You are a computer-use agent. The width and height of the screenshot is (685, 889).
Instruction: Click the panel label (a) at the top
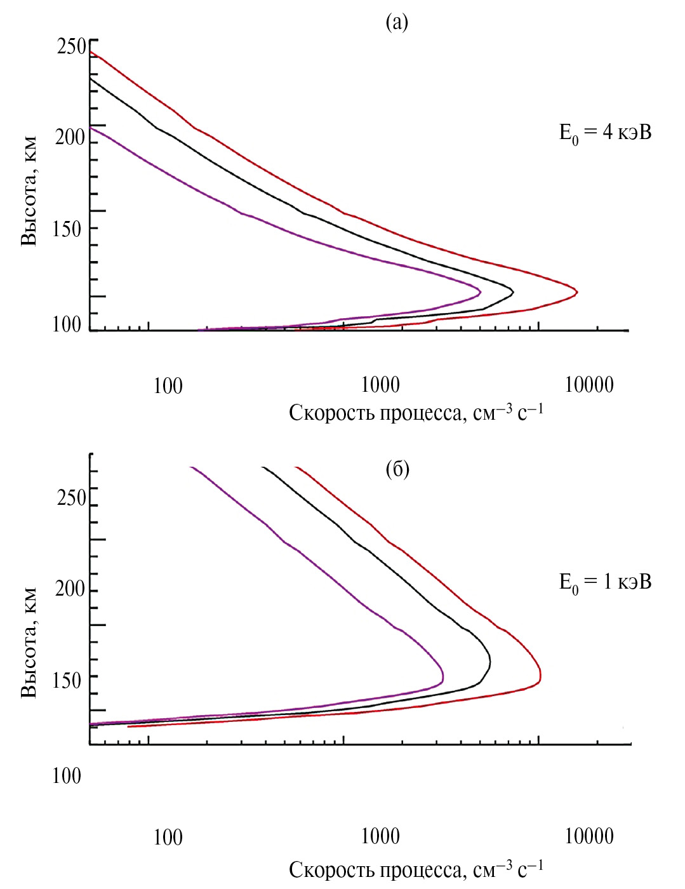tap(397, 23)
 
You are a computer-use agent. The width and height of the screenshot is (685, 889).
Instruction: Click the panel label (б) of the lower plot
tap(397, 469)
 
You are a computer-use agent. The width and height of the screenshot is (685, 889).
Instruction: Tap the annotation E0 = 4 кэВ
tap(605, 133)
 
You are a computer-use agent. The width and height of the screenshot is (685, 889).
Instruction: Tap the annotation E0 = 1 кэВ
tap(605, 583)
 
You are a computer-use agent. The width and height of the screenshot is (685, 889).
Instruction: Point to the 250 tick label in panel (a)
tap(71, 46)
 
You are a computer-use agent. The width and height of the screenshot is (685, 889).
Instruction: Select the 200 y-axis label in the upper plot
tap(70, 137)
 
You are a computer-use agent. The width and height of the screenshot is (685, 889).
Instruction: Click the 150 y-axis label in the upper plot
tap(67, 229)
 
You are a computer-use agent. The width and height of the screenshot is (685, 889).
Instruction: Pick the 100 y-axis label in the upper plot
tap(67, 324)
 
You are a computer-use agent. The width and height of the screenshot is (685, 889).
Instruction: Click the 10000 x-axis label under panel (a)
tap(589, 385)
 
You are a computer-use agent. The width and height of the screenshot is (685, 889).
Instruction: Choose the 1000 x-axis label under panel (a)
tap(380, 385)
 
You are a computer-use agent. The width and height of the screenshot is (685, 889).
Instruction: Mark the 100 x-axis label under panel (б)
tap(168, 837)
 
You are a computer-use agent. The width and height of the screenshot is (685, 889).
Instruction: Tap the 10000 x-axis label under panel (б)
tap(589, 836)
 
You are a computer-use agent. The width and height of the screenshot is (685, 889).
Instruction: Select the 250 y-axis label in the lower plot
tap(71, 498)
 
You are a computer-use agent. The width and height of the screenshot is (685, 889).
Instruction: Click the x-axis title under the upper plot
tap(416, 413)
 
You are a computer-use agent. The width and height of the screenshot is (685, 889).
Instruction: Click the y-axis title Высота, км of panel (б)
tap(29, 643)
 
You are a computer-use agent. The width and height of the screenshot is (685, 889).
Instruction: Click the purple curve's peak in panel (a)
tap(481, 292)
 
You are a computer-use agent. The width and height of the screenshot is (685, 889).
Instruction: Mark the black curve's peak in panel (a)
tap(512, 292)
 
